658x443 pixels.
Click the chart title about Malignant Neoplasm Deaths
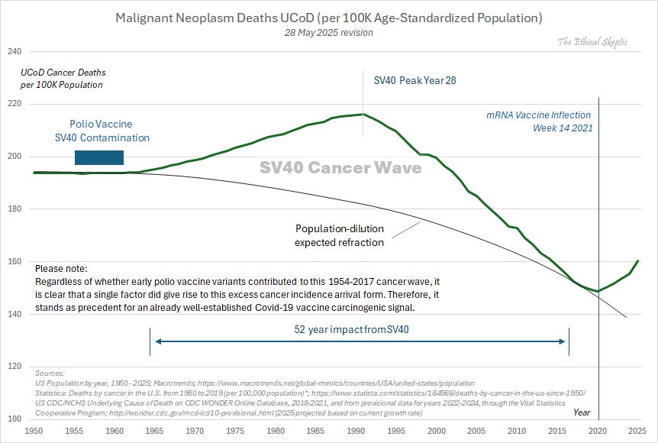(x=328, y=17)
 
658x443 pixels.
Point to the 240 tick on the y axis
(x=15, y=51)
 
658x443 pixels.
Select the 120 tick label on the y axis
(x=15, y=367)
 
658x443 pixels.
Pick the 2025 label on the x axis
(x=637, y=431)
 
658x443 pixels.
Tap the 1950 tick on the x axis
(x=34, y=431)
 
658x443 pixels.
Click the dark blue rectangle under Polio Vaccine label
(x=98, y=157)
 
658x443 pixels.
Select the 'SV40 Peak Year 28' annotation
(x=415, y=80)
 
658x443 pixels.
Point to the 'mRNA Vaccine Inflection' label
(x=539, y=115)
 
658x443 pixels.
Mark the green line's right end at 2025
(x=637, y=260)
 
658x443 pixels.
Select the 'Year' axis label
(x=582, y=412)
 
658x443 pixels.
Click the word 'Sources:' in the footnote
(x=50, y=372)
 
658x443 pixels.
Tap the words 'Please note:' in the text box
(x=61, y=269)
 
